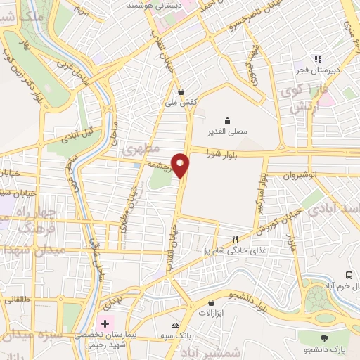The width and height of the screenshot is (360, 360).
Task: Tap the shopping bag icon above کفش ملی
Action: [181, 91]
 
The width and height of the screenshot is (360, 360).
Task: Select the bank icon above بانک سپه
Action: [175, 324]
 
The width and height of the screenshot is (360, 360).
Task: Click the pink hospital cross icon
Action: [105, 323]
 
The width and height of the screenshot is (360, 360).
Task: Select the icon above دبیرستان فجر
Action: [318, 59]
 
